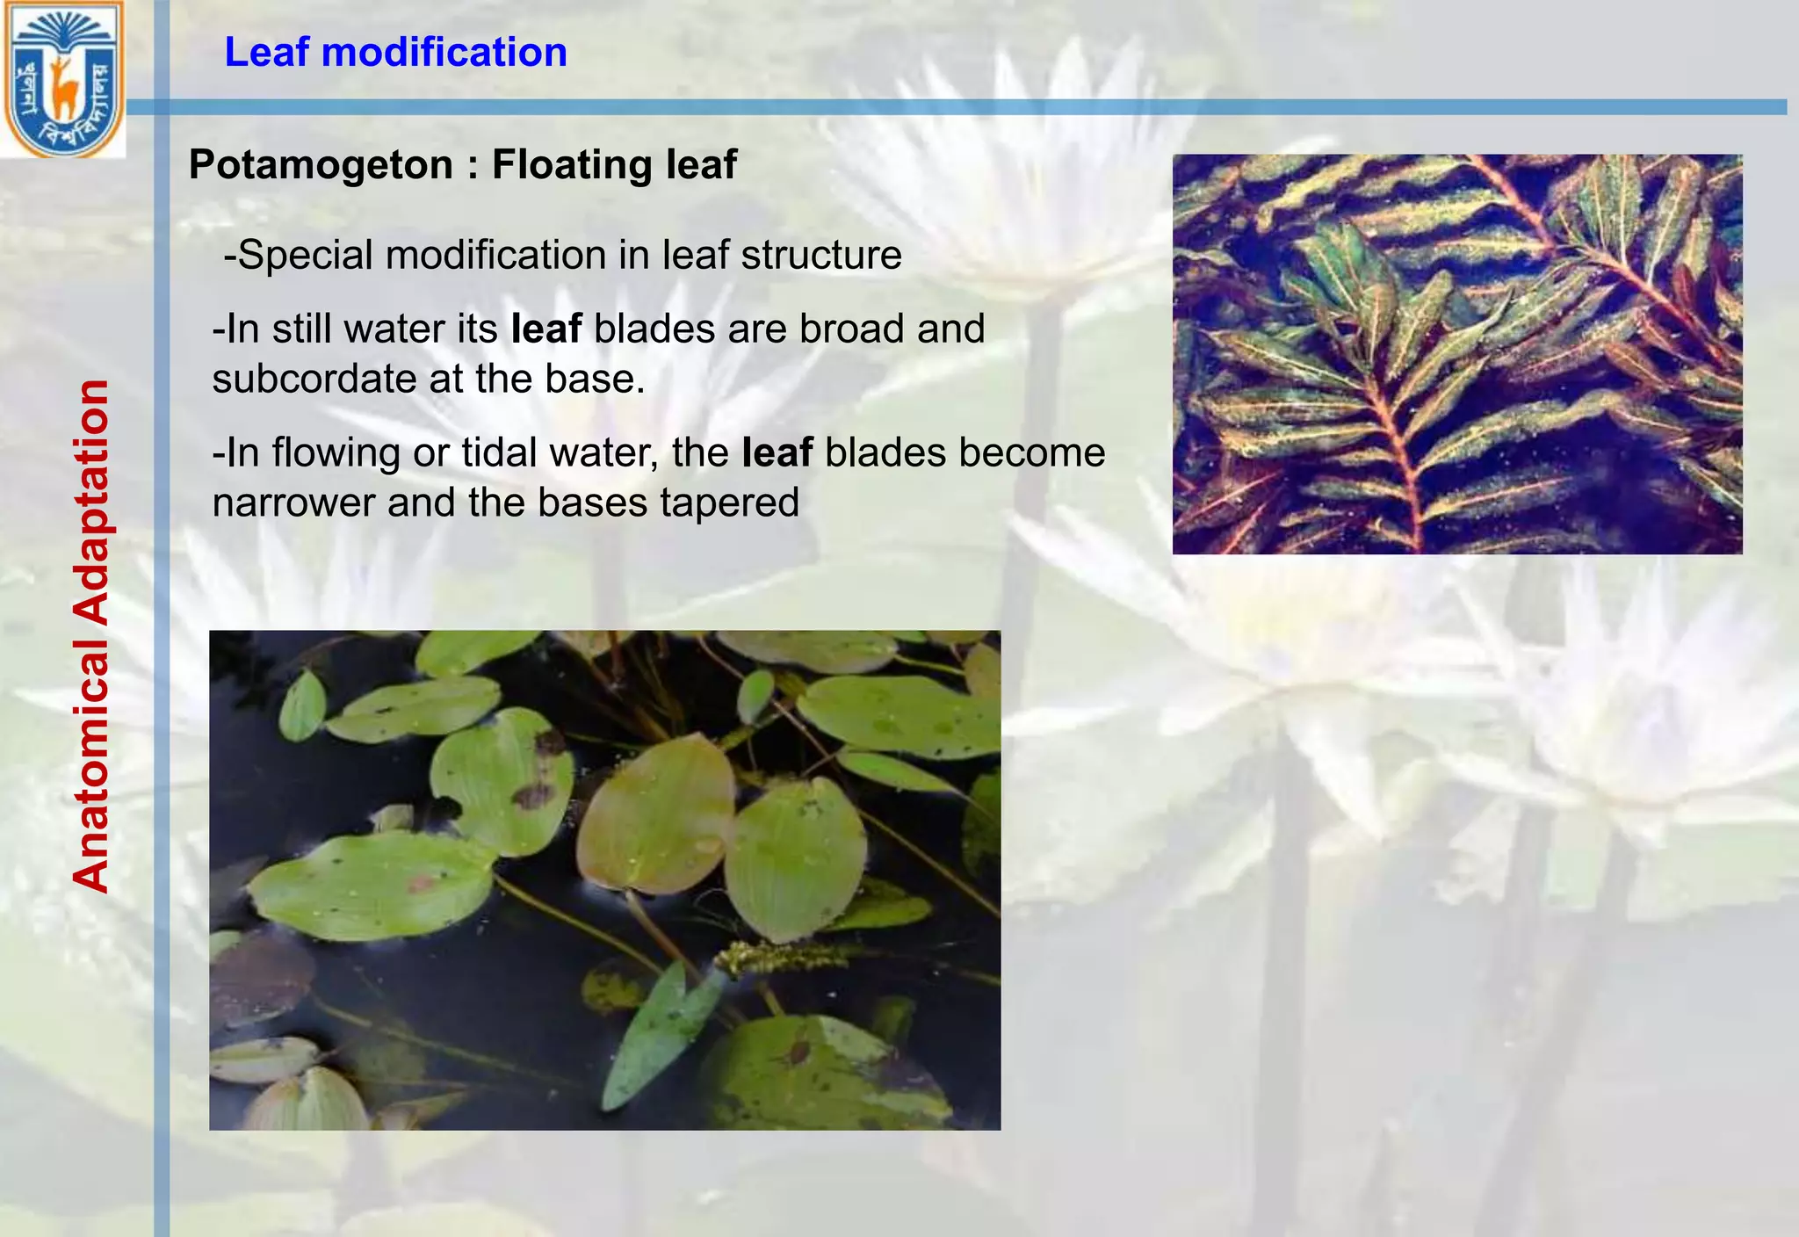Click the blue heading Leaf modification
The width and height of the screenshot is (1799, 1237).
tap(395, 53)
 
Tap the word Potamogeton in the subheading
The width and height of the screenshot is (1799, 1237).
tap(320, 165)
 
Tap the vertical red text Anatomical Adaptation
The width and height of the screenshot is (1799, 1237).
tap(91, 636)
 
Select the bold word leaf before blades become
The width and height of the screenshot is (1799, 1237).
tap(777, 453)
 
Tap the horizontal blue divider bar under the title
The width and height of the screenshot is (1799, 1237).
tap(966, 107)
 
